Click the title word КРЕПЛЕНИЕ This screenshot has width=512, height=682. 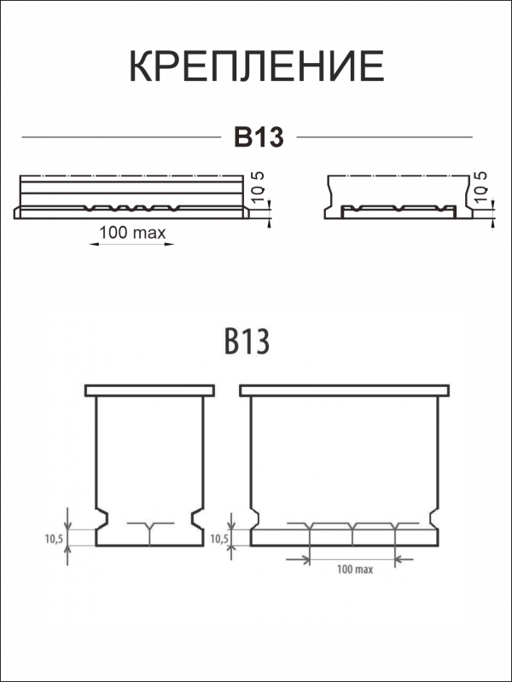pos(256,66)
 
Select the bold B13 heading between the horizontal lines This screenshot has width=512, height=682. pos(259,137)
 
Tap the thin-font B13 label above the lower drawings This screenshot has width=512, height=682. pos(247,341)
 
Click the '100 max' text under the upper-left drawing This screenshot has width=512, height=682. pos(132,232)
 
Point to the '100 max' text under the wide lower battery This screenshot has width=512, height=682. pos(354,569)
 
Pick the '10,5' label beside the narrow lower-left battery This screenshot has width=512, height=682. pos(54,538)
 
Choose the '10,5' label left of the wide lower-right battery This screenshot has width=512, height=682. pos(219,538)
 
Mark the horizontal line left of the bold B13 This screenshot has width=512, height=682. pos(119,137)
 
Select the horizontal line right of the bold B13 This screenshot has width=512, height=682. pos(384,137)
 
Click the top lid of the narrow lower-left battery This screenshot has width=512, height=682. pos(148,390)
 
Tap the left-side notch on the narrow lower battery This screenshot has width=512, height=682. pos(101,517)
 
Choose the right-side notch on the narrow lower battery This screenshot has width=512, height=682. pos(197,517)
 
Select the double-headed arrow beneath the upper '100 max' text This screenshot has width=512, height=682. pos(132,244)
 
